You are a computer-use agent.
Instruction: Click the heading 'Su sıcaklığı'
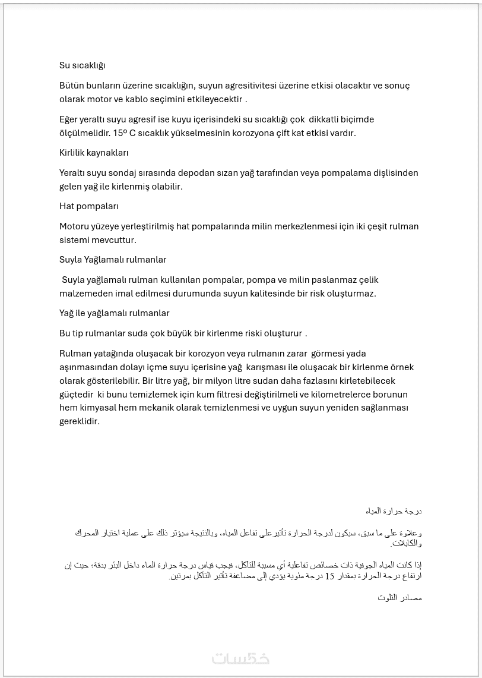tap(82, 65)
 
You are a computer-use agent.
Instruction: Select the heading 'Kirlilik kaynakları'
tap(94, 153)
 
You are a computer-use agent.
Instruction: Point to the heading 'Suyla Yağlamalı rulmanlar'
tap(113, 260)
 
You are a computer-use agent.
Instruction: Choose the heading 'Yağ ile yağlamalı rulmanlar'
tap(115, 313)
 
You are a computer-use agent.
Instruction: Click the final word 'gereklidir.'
tap(80, 422)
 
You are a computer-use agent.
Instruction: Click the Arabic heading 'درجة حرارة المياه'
tap(394, 511)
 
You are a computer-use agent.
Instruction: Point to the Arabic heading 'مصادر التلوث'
tap(399, 598)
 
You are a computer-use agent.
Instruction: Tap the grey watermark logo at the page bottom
tap(240, 658)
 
